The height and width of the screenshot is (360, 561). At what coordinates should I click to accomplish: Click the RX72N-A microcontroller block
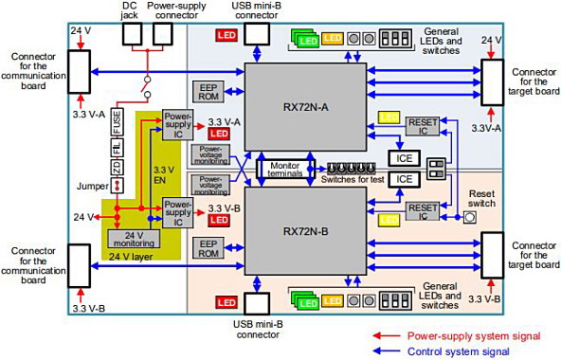(x=306, y=104)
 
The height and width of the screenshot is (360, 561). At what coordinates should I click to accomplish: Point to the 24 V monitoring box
(x=134, y=238)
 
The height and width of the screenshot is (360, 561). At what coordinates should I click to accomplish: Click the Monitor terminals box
(x=277, y=169)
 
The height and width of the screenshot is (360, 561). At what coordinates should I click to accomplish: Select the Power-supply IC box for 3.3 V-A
(x=176, y=129)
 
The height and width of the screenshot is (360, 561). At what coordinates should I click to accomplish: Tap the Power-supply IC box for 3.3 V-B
(x=176, y=207)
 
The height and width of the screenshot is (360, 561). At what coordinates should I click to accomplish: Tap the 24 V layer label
(x=132, y=256)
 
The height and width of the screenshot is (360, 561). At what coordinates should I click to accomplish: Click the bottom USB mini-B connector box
(x=258, y=304)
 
